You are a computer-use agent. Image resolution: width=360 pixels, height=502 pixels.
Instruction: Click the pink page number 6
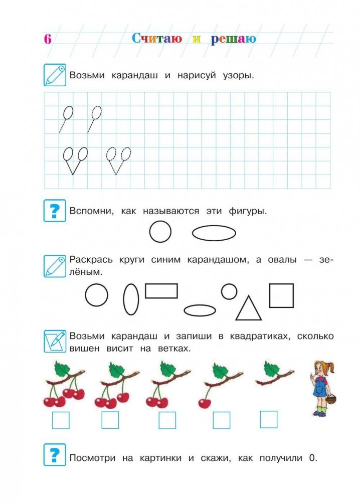click(48, 39)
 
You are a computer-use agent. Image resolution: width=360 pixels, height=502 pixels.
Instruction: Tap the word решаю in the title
click(234, 39)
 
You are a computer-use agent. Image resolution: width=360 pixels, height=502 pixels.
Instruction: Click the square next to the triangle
click(281, 295)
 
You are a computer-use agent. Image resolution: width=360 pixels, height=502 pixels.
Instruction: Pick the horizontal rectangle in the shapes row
click(161, 291)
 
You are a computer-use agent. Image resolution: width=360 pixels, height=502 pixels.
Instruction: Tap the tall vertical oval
click(131, 299)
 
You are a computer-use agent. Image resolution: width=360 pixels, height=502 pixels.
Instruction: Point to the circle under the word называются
click(160, 232)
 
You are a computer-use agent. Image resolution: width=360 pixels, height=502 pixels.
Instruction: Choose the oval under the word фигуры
click(214, 233)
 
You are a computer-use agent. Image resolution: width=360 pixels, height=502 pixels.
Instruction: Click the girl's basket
click(331, 399)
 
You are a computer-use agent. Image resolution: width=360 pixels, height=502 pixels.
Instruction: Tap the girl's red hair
click(319, 367)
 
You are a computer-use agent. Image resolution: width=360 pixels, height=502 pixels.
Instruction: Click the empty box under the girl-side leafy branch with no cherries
click(269, 419)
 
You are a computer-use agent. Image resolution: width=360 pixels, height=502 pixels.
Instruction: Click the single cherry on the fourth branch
click(204, 403)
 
